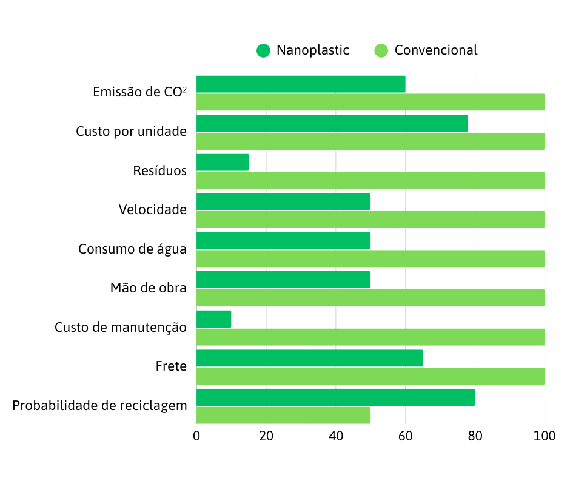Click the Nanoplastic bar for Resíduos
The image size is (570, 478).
click(223, 163)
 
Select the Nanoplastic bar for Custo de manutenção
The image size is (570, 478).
click(214, 319)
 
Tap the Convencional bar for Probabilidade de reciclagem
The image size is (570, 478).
click(283, 416)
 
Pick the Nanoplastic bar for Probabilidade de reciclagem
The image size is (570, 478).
click(335, 397)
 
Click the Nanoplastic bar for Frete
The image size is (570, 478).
click(309, 358)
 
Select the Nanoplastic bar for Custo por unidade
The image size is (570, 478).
click(332, 123)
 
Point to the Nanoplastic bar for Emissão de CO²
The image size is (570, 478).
click(301, 84)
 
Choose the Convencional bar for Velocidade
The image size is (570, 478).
click(370, 220)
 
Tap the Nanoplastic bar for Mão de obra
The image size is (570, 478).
click(283, 280)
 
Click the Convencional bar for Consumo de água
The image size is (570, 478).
click(370, 258)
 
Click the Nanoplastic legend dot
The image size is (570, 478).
click(263, 50)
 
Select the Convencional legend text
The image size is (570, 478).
click(436, 50)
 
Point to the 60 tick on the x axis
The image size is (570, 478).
click(405, 436)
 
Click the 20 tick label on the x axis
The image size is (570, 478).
click(266, 436)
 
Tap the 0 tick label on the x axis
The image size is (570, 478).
click(196, 436)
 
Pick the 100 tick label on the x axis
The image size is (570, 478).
click(544, 436)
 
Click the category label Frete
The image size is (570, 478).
click(171, 366)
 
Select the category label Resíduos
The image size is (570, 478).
click(160, 171)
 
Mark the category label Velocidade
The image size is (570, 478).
click(153, 210)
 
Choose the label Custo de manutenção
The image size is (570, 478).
click(121, 328)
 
